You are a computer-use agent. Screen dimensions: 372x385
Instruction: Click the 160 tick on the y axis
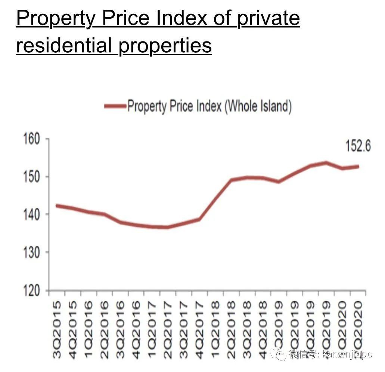coord(32,139)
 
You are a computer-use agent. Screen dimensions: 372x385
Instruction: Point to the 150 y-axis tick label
coord(32,176)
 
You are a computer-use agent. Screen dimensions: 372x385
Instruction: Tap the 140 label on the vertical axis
coord(32,214)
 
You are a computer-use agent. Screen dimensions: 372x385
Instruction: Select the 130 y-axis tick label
coord(32,252)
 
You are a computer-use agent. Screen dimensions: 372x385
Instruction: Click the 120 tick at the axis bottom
coord(32,290)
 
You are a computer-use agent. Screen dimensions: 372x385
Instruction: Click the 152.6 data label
coord(358,146)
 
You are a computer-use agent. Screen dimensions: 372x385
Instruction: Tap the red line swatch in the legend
coord(115,106)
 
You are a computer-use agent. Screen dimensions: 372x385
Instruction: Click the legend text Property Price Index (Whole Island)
coord(209,106)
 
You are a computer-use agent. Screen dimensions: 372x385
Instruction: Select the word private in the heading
coord(268,18)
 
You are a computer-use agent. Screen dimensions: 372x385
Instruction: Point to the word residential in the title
coord(64,45)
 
